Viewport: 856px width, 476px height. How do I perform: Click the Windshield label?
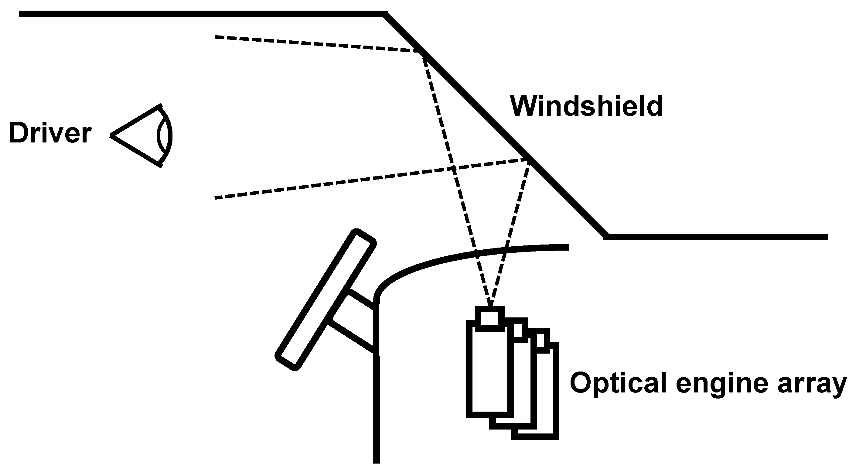[586, 107]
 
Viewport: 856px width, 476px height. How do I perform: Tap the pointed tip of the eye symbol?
[112, 135]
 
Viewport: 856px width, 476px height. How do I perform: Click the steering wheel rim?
[325, 300]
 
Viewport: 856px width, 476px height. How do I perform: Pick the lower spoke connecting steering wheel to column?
[353, 336]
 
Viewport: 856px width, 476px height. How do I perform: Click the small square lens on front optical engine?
[490, 319]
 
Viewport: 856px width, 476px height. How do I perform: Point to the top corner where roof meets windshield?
[385, 14]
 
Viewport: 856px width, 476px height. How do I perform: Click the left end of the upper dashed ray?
[216, 37]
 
